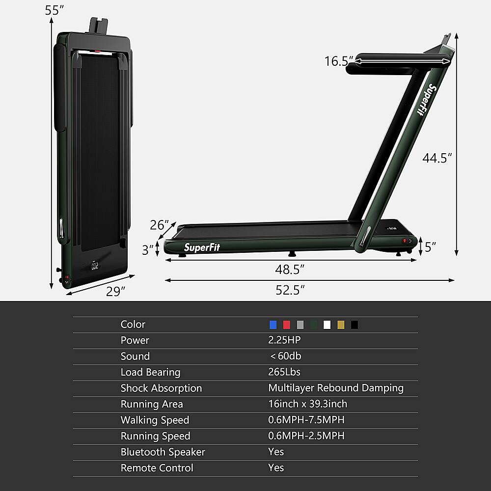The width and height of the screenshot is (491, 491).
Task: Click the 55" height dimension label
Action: [x=55, y=10]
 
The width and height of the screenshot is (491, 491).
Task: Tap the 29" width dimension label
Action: [x=116, y=291]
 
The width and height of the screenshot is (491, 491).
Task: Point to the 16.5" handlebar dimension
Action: [x=338, y=61]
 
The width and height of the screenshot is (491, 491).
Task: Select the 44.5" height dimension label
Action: [x=437, y=158]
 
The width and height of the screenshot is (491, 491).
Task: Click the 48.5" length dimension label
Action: [x=290, y=269]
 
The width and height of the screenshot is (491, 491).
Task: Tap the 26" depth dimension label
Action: [x=160, y=225]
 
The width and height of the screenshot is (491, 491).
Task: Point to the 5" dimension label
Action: [x=431, y=247]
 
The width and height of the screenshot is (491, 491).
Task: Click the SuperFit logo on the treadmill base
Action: [x=202, y=247]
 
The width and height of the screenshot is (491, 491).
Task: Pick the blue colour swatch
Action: [x=273, y=325]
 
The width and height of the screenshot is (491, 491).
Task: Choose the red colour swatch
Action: [x=287, y=325]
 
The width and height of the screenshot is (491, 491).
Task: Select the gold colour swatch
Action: [x=341, y=325]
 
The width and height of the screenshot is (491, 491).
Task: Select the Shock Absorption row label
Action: [x=161, y=388]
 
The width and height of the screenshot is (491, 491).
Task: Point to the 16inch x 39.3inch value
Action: [x=307, y=404]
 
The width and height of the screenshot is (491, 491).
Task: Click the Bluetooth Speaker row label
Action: [x=163, y=452]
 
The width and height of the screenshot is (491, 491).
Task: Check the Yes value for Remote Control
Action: [x=276, y=468]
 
